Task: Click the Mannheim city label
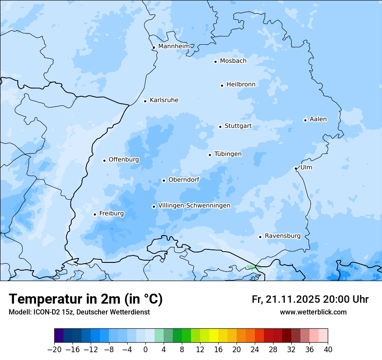pyautogui.click(x=174, y=46)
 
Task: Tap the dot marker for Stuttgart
pyautogui.click(x=220, y=127)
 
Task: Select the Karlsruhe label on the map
pyautogui.click(x=164, y=100)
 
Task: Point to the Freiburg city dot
pyautogui.click(x=95, y=214)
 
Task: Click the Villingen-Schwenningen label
pyautogui.click(x=194, y=206)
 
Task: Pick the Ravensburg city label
pyautogui.click(x=282, y=236)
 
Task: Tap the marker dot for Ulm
pyautogui.click(x=296, y=168)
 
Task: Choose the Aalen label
pyautogui.click(x=318, y=119)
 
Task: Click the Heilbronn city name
pyautogui.click(x=241, y=85)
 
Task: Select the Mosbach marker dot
pyautogui.click(x=215, y=62)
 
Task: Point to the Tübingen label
pyautogui.click(x=228, y=154)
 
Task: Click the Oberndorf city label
pyautogui.click(x=184, y=180)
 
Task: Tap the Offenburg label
pyautogui.click(x=124, y=160)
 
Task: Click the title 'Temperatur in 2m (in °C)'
pyautogui.click(x=86, y=299)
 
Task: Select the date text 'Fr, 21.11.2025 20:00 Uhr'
pyautogui.click(x=310, y=299)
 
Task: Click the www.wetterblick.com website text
pyautogui.click(x=313, y=312)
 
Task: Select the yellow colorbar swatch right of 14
pyautogui.click(x=214, y=336)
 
